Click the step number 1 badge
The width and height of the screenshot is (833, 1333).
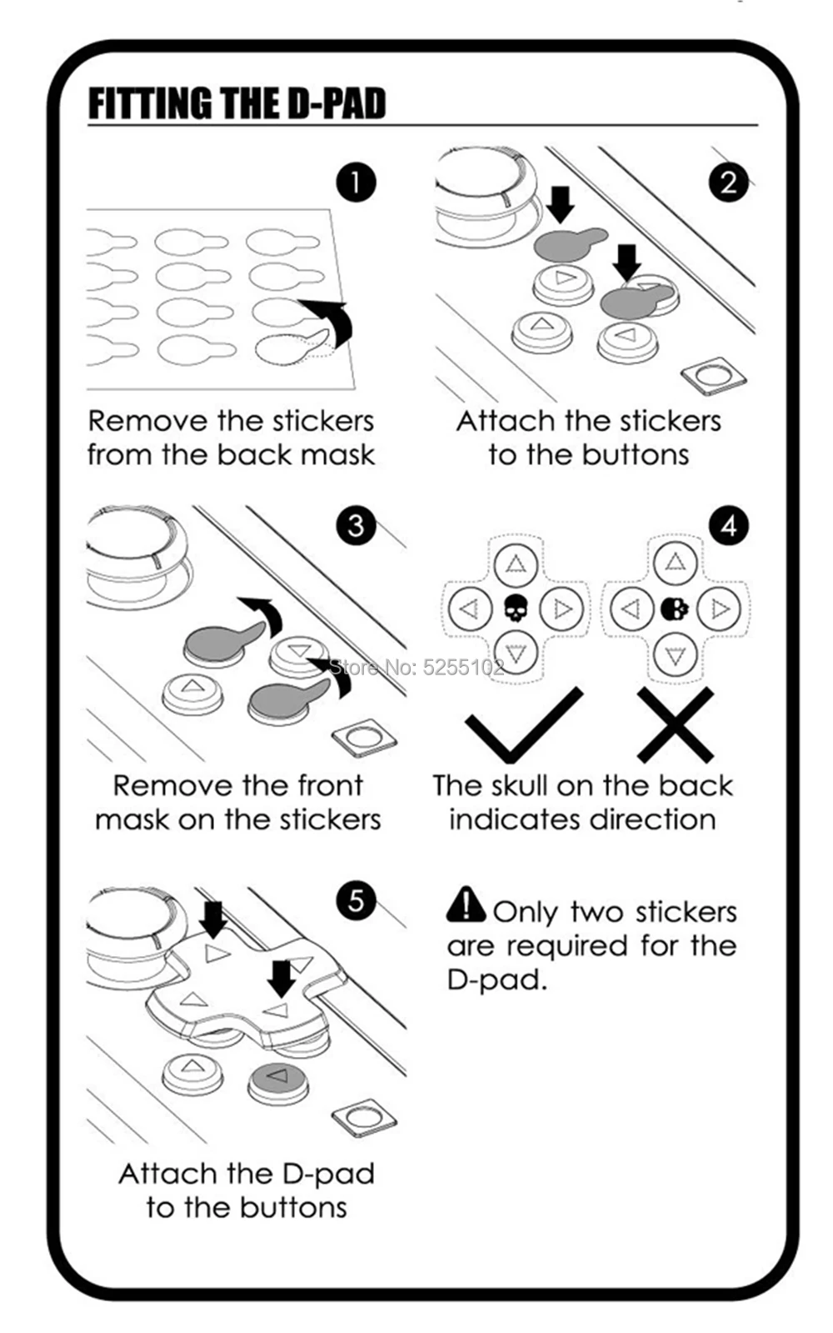(357, 182)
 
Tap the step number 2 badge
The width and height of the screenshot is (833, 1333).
(729, 182)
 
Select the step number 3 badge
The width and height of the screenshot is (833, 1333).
(356, 525)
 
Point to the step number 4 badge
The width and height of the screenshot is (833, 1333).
(729, 525)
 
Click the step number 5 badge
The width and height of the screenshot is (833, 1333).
(356, 900)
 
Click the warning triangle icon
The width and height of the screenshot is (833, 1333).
(466, 905)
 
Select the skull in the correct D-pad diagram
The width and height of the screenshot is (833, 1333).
(516, 609)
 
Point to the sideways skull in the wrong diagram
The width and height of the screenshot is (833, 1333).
(675, 609)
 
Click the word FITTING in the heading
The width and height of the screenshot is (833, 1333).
(151, 103)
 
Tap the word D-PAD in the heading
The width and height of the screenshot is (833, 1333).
(337, 103)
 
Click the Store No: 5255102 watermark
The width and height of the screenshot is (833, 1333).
(416, 668)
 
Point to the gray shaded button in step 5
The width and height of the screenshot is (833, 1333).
(277, 1081)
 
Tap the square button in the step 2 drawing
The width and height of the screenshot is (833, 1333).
(714, 375)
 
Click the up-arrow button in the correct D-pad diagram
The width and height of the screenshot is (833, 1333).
(516, 564)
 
